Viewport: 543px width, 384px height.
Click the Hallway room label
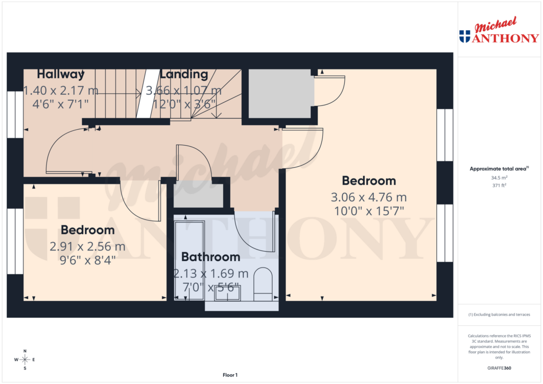tap(61, 74)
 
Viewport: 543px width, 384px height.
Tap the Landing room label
tap(184, 74)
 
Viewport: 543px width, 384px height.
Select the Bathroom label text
tap(211, 257)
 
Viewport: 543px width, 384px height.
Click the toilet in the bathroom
tap(262, 283)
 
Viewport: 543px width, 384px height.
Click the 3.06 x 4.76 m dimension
tap(369, 198)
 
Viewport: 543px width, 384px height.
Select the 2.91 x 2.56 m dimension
tap(87, 247)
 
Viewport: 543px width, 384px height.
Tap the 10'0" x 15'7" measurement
tap(369, 211)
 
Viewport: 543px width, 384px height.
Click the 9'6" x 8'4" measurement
tap(87, 260)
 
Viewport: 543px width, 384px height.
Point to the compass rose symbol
tap(25, 360)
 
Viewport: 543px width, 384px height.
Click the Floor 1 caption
tap(230, 375)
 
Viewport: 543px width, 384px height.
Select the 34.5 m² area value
tap(499, 178)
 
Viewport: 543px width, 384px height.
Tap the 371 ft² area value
tap(499, 185)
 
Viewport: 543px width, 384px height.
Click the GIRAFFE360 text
tap(499, 368)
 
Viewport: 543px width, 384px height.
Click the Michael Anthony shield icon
tap(465, 36)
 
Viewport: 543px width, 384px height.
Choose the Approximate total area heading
tap(498, 169)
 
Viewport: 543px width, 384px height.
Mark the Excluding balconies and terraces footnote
tap(499, 315)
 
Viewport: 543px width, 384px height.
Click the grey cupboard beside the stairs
tap(279, 94)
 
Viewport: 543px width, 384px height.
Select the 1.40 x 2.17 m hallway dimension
tap(60, 91)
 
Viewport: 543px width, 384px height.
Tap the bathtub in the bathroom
tap(188, 260)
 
